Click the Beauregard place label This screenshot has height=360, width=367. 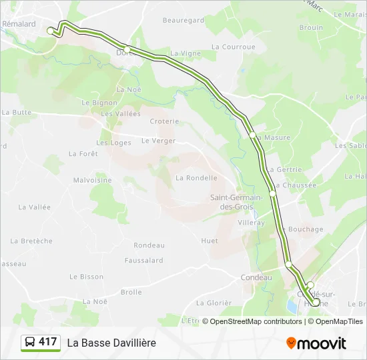click(183, 21)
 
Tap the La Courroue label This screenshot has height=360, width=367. click(234, 47)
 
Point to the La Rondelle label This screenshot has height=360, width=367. click(196, 178)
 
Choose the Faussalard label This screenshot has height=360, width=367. click(144, 261)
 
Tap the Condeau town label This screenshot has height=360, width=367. click(256, 278)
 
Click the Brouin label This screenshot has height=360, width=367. click(311, 28)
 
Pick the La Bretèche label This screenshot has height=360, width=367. click(31, 241)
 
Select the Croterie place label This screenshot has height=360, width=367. click(164, 121)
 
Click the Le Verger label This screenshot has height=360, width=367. click(158, 141)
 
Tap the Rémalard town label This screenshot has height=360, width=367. click(19, 24)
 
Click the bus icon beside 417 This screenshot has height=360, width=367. click(30, 343)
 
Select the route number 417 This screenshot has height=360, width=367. click(48, 342)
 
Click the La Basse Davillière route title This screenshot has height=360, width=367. click(111, 343)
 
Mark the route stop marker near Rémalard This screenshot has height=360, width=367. click(50, 30)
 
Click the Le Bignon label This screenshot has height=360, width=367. click(99, 103)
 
